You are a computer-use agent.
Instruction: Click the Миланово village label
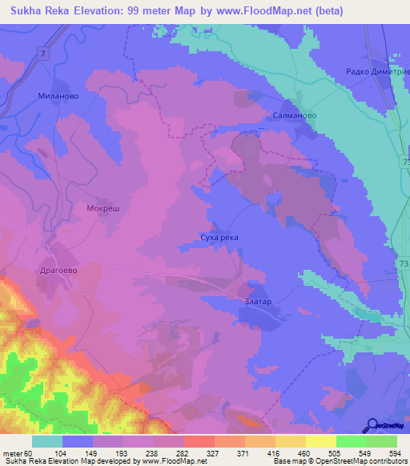[56, 95]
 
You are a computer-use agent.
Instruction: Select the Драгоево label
[58, 271]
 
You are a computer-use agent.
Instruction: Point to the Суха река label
[219, 238]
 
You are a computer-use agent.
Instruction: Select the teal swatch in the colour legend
[47, 441]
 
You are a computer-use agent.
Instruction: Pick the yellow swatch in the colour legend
[320, 441]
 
